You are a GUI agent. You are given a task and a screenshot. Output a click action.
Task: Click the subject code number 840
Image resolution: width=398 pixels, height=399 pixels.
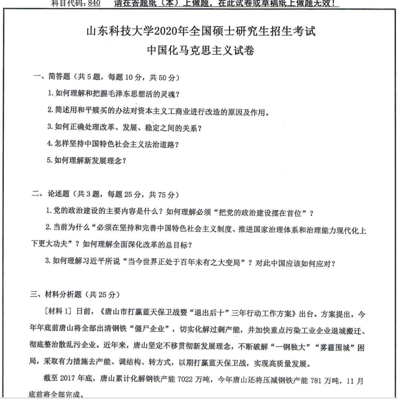point(94,3)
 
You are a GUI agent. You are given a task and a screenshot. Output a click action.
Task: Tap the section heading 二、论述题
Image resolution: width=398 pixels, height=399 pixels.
point(50,193)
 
